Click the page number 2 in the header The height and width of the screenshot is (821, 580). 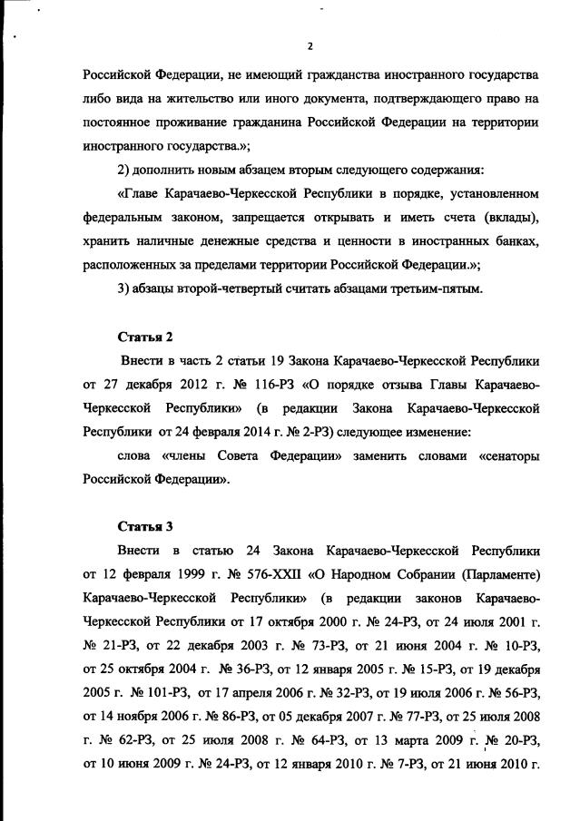pyautogui.click(x=310, y=46)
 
